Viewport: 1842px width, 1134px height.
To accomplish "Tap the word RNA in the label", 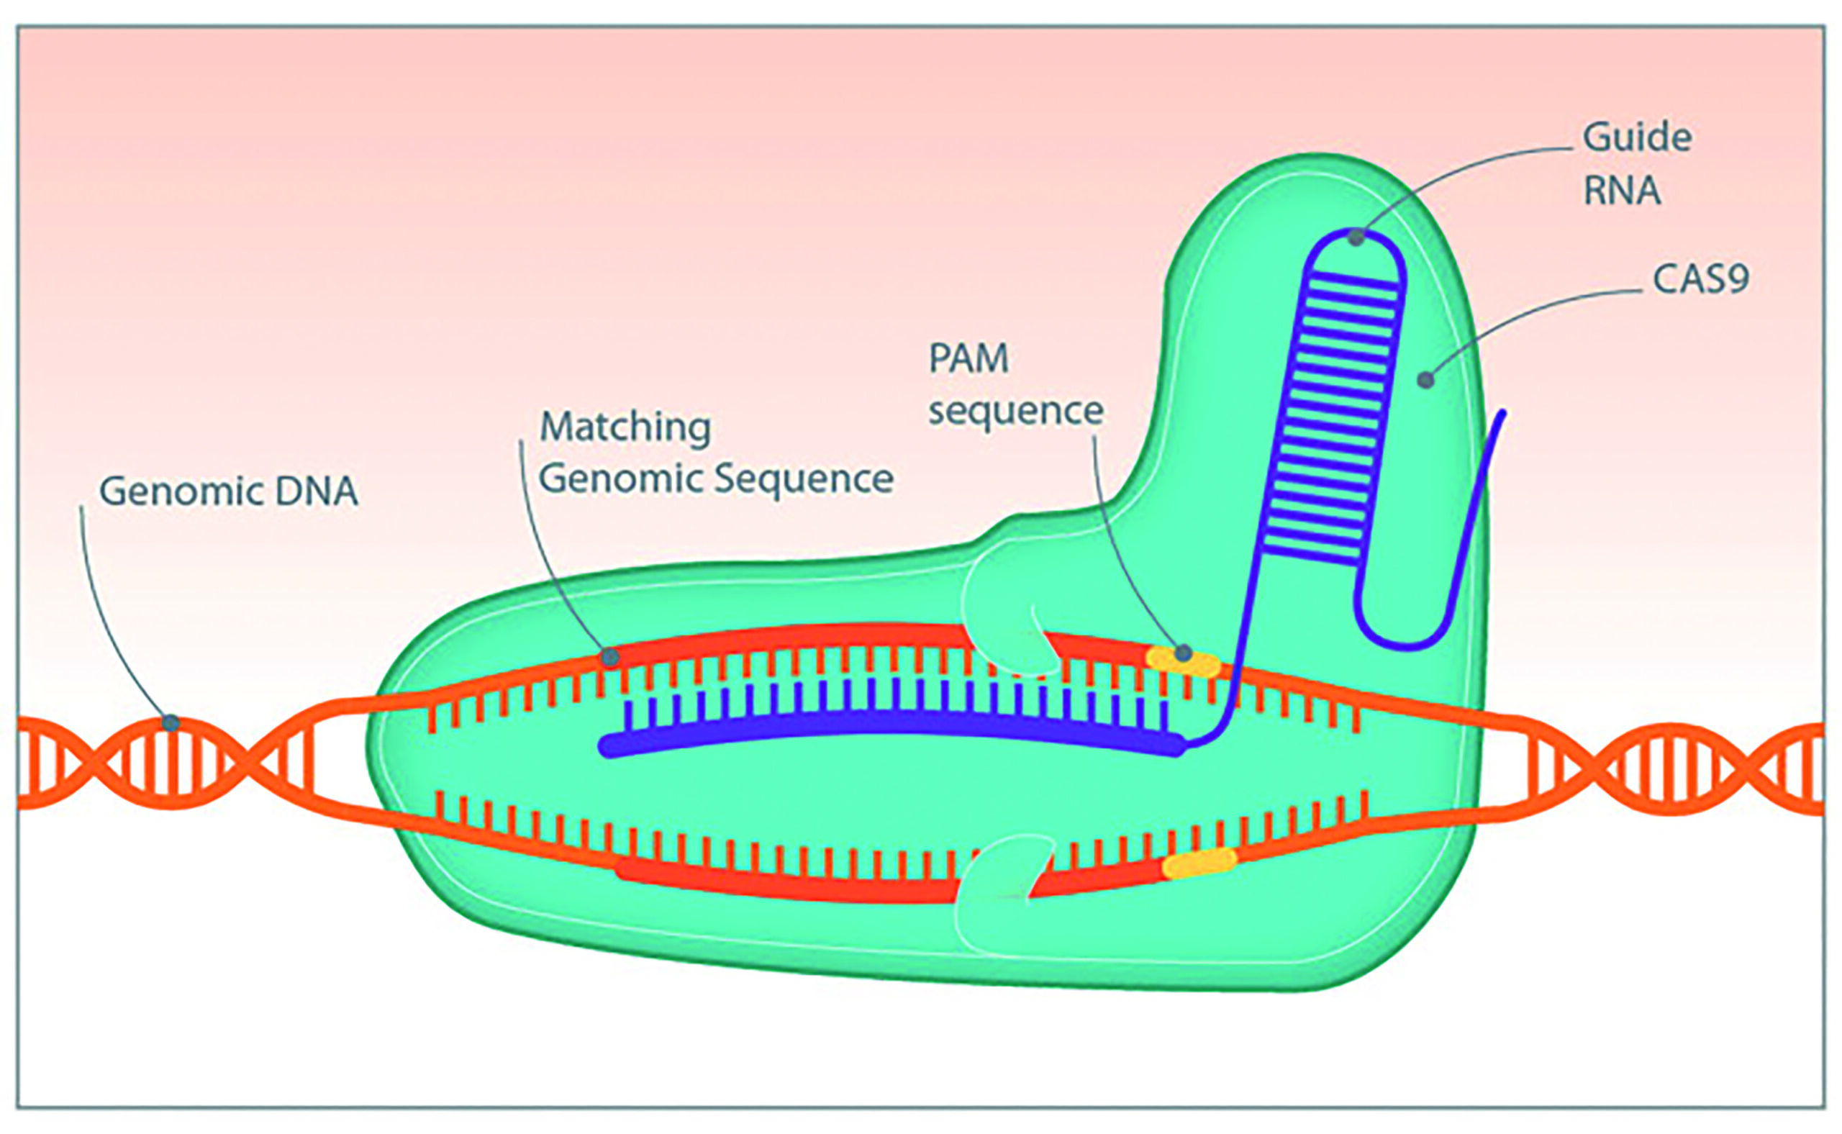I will click(x=1622, y=191).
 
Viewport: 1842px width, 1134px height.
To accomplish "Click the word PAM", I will click(x=968, y=358).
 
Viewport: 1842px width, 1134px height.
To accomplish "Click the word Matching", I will click(x=625, y=427).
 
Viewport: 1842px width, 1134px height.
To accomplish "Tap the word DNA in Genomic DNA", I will click(x=317, y=492).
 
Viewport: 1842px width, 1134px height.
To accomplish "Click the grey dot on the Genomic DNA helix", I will click(x=171, y=723).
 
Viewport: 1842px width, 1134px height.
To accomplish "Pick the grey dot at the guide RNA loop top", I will click(x=1356, y=237).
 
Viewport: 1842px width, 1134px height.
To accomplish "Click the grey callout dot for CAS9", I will click(x=1425, y=380).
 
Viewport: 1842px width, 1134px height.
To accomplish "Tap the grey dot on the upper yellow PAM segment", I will click(x=1184, y=653).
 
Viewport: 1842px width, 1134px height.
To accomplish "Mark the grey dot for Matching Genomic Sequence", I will click(x=610, y=658).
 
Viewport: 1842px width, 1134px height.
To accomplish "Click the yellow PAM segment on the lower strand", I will click(x=1199, y=864).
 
